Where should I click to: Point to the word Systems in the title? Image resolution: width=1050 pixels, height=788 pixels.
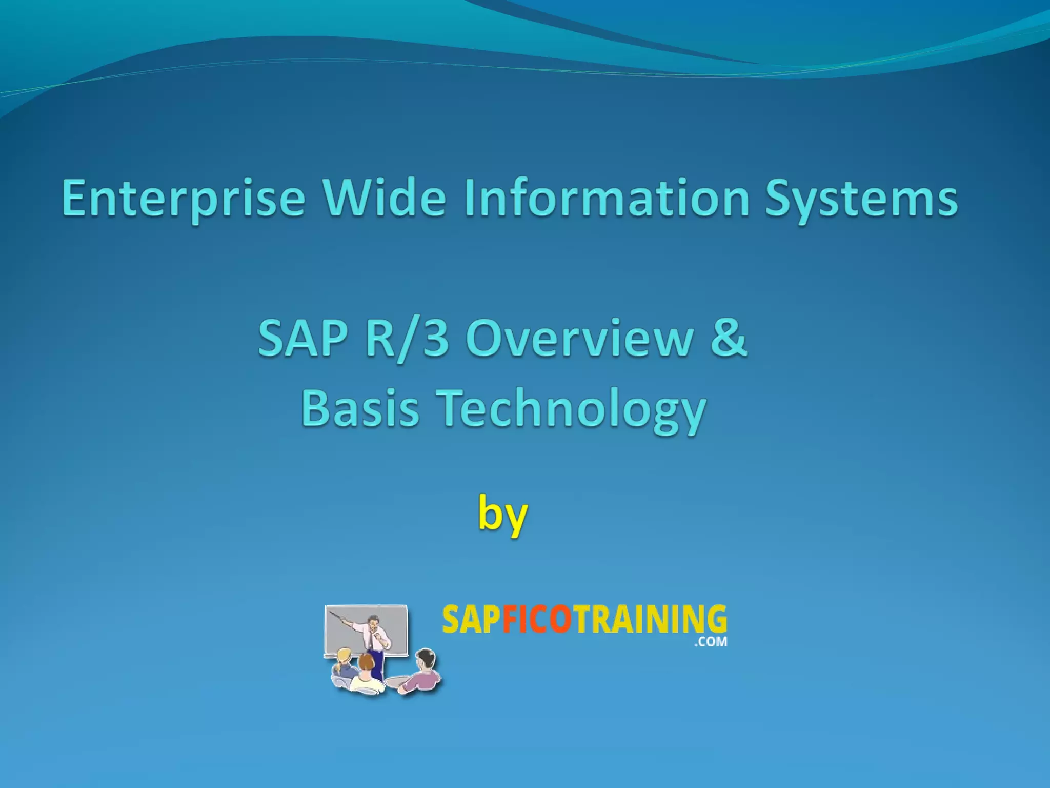[861, 199]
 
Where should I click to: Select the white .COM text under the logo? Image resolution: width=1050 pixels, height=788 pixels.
[710, 641]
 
